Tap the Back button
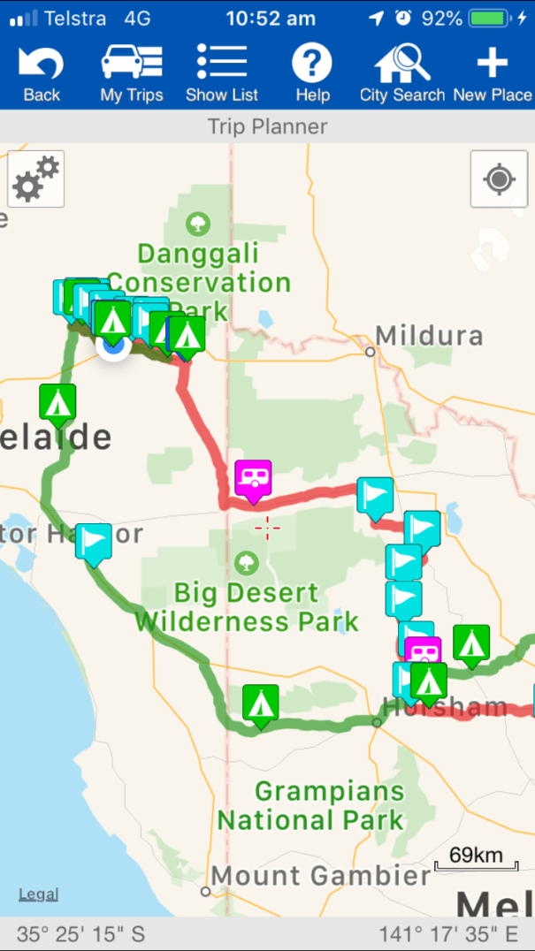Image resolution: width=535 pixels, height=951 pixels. pyautogui.click(x=41, y=74)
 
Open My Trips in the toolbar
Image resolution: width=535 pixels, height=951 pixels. pyautogui.click(x=132, y=74)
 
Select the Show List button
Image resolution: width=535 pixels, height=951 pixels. pyautogui.click(x=222, y=74)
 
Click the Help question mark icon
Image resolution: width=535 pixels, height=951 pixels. pyautogui.click(x=312, y=74)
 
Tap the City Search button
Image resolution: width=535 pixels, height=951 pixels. pyautogui.click(x=402, y=74)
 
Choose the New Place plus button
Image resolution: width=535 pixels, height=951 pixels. pyautogui.click(x=493, y=74)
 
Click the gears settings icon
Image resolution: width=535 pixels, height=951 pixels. pyautogui.click(x=36, y=179)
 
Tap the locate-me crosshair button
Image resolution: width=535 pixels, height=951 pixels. pyautogui.click(x=499, y=179)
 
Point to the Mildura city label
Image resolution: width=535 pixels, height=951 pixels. pyautogui.click(x=429, y=337)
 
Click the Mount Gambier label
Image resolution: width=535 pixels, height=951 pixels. pyautogui.click(x=320, y=876)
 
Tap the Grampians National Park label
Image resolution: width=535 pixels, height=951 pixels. pyautogui.click(x=311, y=805)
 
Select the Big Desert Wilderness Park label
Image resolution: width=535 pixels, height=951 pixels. pyautogui.click(x=247, y=606)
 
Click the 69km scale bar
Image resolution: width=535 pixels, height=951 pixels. pyautogui.click(x=475, y=860)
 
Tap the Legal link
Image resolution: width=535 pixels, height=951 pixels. pyautogui.click(x=39, y=894)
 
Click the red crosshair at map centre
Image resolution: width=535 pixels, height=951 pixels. pyautogui.click(x=267, y=528)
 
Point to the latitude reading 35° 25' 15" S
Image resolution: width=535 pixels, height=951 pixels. pyautogui.click(x=80, y=933)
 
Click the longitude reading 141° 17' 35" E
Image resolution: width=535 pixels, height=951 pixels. pyautogui.click(x=448, y=933)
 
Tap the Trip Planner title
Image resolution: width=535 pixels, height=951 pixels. pyautogui.click(x=267, y=126)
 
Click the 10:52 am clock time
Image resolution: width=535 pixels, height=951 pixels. pyautogui.click(x=270, y=18)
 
